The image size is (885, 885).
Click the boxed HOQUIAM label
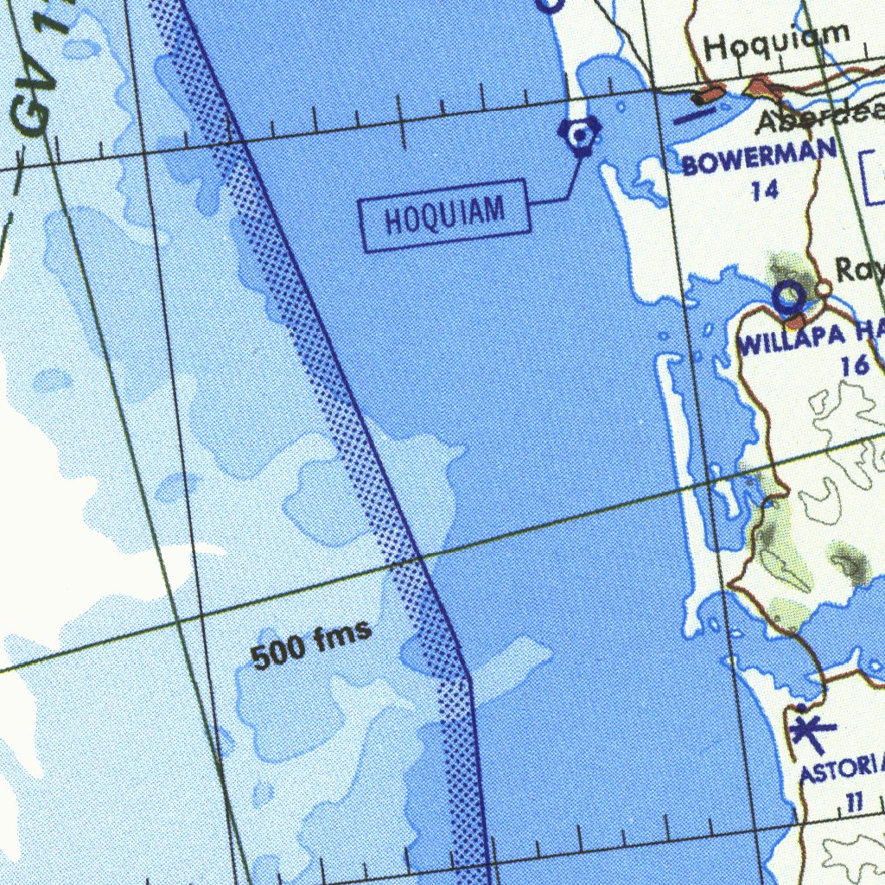[444, 215]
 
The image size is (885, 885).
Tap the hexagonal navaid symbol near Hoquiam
[580, 134]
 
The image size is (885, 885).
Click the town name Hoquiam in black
[776, 41]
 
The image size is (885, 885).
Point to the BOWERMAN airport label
[759, 157]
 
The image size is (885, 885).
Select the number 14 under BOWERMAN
[764, 190]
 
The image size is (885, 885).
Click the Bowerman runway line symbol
[694, 115]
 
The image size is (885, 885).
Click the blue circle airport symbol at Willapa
[788, 298]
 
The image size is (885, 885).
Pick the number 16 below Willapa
[854, 366]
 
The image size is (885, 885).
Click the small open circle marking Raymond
[823, 288]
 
